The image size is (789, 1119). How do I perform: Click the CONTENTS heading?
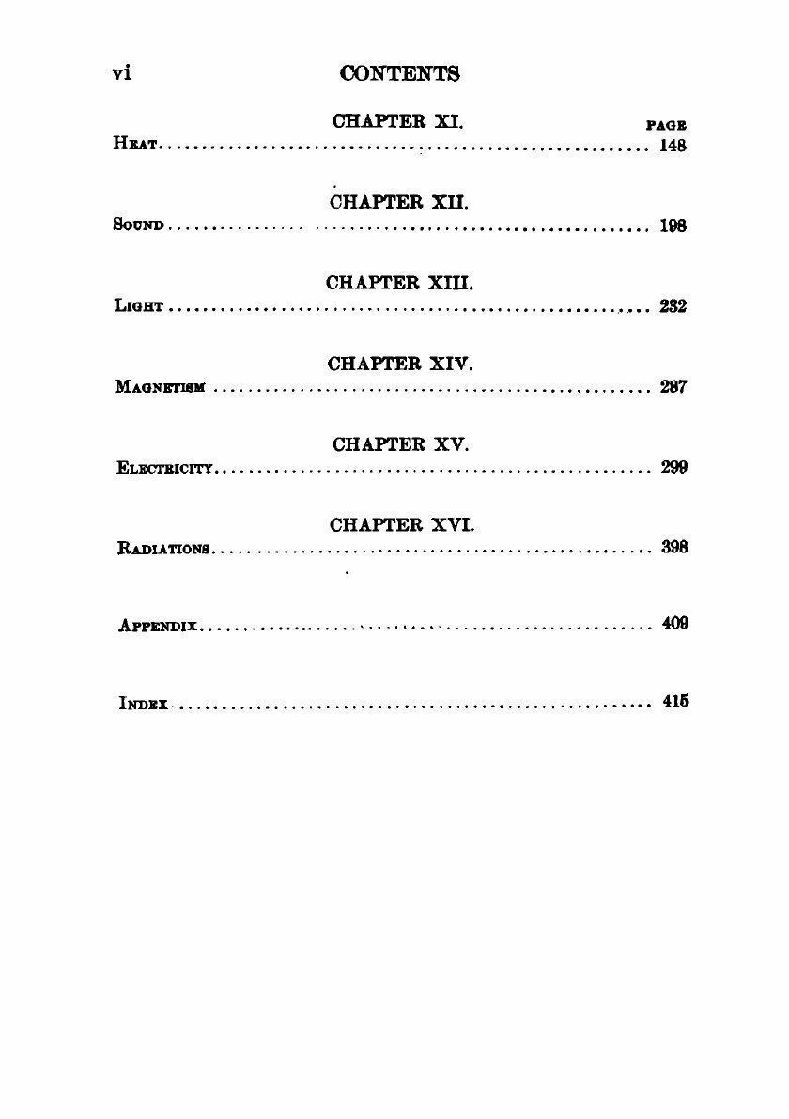click(x=399, y=73)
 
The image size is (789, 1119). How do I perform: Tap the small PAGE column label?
click(x=666, y=125)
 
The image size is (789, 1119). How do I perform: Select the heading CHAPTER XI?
click(x=399, y=122)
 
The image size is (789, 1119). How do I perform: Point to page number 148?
click(x=673, y=147)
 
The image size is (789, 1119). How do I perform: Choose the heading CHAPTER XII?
click(x=399, y=202)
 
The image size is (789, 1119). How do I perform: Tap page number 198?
click(x=673, y=226)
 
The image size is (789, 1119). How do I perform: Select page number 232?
click(x=673, y=307)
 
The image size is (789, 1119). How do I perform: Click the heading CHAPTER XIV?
click(x=399, y=363)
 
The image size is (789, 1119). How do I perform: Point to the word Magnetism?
click(x=162, y=388)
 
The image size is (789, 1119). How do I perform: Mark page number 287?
click(x=673, y=387)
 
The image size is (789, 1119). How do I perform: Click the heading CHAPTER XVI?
click(x=399, y=524)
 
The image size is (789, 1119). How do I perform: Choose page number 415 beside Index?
click(x=674, y=701)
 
